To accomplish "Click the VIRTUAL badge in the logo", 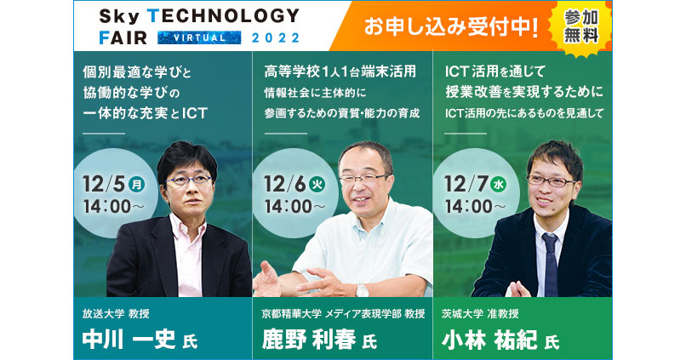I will point(192,37).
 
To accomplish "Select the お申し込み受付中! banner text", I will point(451,27).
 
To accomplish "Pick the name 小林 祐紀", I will point(489,340).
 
